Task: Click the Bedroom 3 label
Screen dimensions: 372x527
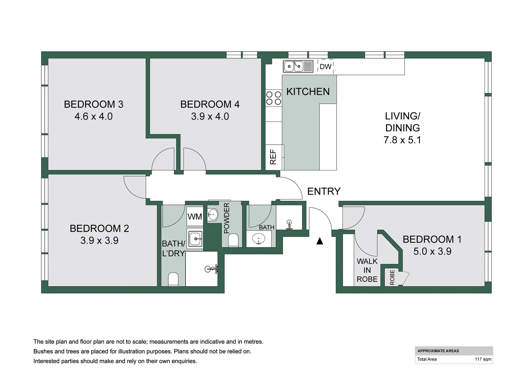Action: point(94,104)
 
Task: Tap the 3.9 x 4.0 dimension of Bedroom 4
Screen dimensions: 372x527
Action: point(210,116)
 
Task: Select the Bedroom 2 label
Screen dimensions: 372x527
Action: point(99,228)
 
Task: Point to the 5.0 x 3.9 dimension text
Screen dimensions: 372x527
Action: point(432,251)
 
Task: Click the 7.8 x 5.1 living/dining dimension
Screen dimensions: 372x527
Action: point(402,140)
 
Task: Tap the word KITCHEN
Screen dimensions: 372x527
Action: point(308,92)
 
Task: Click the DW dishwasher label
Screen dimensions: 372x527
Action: point(325,66)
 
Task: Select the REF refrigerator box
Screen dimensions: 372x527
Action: point(274,157)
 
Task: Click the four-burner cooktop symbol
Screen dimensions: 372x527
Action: point(274,98)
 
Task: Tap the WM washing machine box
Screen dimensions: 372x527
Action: point(195,217)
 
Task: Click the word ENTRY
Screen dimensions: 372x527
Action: point(324,191)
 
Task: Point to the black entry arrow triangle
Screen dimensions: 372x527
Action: point(320,241)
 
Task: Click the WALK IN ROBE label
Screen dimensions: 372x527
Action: point(367,270)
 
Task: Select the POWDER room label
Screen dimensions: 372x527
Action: point(226,218)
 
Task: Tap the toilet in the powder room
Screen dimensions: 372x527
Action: point(233,240)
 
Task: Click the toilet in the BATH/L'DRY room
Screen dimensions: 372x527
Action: point(173,279)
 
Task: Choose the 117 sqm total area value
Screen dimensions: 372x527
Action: point(483,359)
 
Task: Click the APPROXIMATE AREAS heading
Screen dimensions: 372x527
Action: point(438,351)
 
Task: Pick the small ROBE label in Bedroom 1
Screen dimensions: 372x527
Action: point(392,277)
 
